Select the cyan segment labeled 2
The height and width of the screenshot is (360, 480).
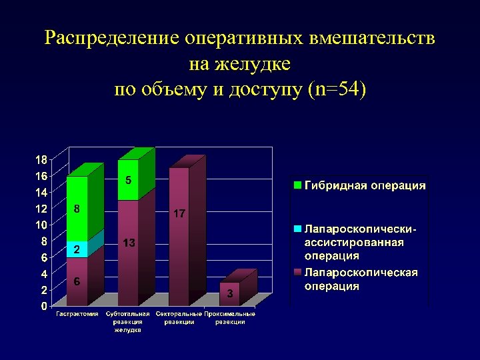pyautogui.click(x=77, y=249)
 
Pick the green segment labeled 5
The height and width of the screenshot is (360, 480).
pyautogui.click(x=128, y=180)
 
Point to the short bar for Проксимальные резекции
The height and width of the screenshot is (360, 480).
pyautogui.click(x=229, y=294)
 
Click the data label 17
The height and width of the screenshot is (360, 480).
pyautogui.click(x=179, y=214)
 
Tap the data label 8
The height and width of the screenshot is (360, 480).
pyautogui.click(x=77, y=209)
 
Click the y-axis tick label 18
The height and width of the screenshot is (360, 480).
pyautogui.click(x=41, y=160)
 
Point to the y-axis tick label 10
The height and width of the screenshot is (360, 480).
pyautogui.click(x=41, y=225)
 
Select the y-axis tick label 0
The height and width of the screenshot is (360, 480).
pyautogui.click(x=43, y=307)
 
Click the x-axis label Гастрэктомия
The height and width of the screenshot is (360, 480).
pyautogui.click(x=77, y=313)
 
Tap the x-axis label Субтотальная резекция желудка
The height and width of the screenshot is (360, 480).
pyautogui.click(x=127, y=321)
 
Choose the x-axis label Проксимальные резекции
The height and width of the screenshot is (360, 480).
pyautogui.click(x=230, y=317)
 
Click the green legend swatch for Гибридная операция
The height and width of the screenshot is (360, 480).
pyautogui.click(x=299, y=185)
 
